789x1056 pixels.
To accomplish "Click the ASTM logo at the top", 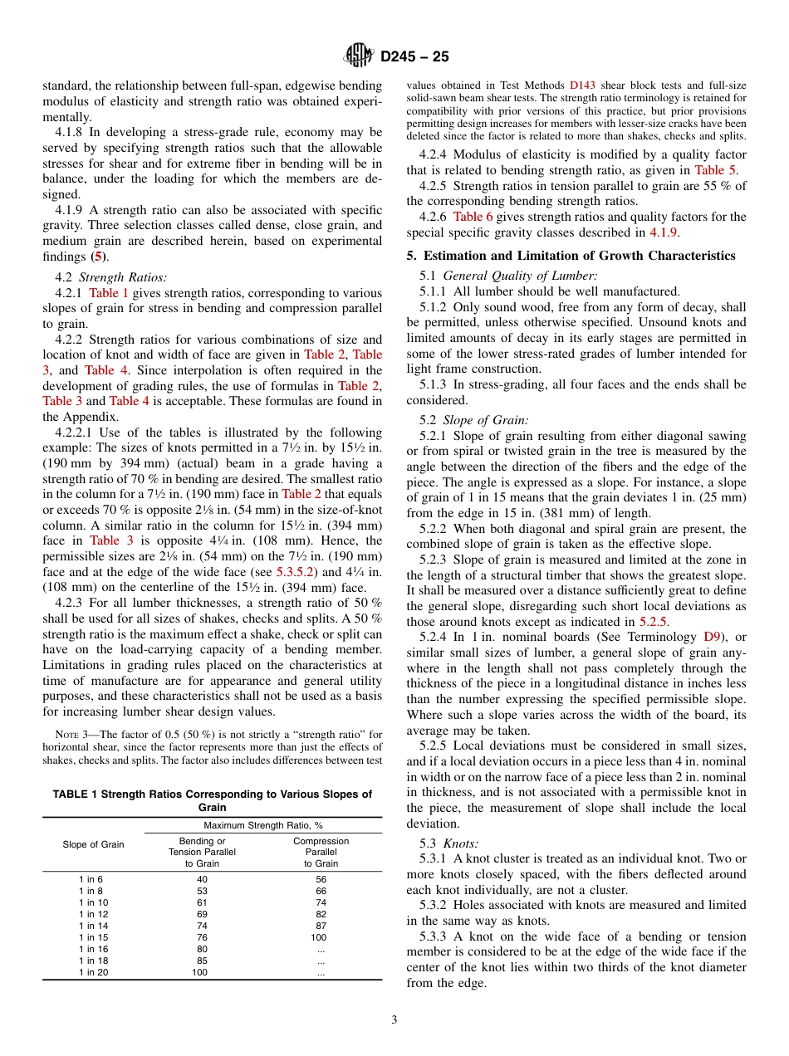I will (358, 56).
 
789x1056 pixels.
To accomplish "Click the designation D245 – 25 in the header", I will (414, 57).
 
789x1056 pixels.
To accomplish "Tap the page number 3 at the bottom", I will (394, 1019).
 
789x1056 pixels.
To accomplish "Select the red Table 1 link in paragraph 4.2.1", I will (109, 293).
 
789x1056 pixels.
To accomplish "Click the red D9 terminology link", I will (712, 637).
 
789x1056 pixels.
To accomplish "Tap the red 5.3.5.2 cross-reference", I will (296, 572).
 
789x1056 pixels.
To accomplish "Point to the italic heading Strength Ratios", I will (122, 277).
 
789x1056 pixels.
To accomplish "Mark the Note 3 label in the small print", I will (66, 734).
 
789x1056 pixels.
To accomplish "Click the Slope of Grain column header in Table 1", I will (93, 845).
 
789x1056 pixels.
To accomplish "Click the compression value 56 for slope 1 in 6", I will (321, 879).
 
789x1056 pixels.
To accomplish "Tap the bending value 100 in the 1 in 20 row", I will (199, 972).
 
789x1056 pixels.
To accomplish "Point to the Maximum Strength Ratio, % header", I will (262, 825).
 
